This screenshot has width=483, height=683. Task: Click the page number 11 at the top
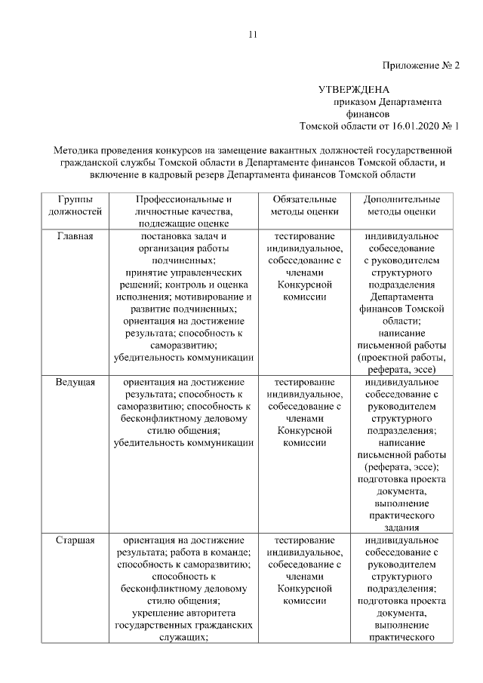point(253,34)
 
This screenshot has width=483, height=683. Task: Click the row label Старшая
point(75,541)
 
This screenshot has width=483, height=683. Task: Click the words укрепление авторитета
point(182,614)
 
